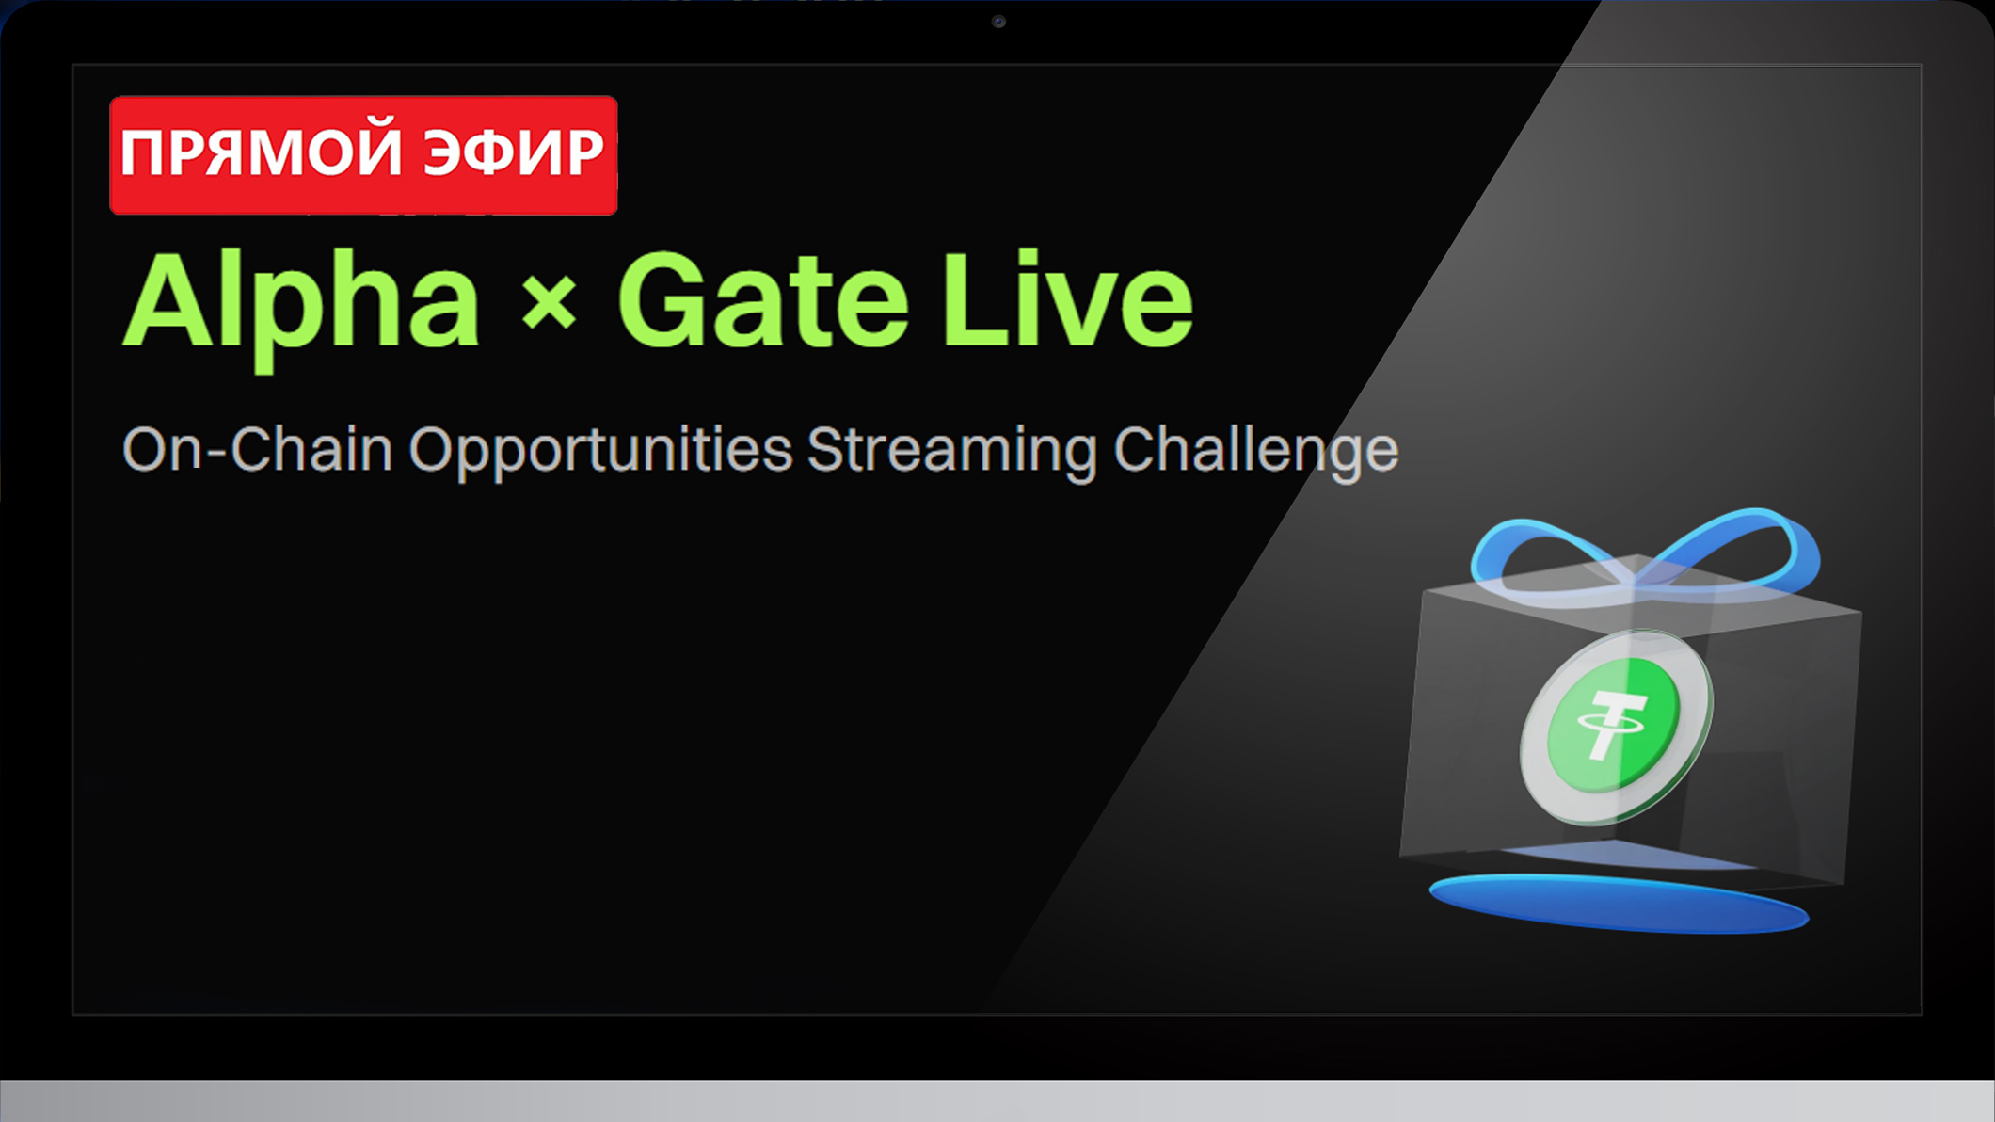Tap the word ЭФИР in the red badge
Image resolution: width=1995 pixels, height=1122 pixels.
tap(513, 152)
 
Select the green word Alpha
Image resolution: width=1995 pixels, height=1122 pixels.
tap(301, 303)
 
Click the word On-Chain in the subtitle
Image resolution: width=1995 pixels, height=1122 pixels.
tap(257, 449)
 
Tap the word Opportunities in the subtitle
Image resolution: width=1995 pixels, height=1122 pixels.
tap(600, 451)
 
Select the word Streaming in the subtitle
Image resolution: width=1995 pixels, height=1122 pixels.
tap(951, 451)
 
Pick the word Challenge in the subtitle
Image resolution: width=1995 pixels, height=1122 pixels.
tap(1255, 451)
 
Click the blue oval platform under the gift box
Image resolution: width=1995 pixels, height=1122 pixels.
tap(1619, 905)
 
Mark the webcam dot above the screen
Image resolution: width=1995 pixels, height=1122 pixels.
tap(998, 22)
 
